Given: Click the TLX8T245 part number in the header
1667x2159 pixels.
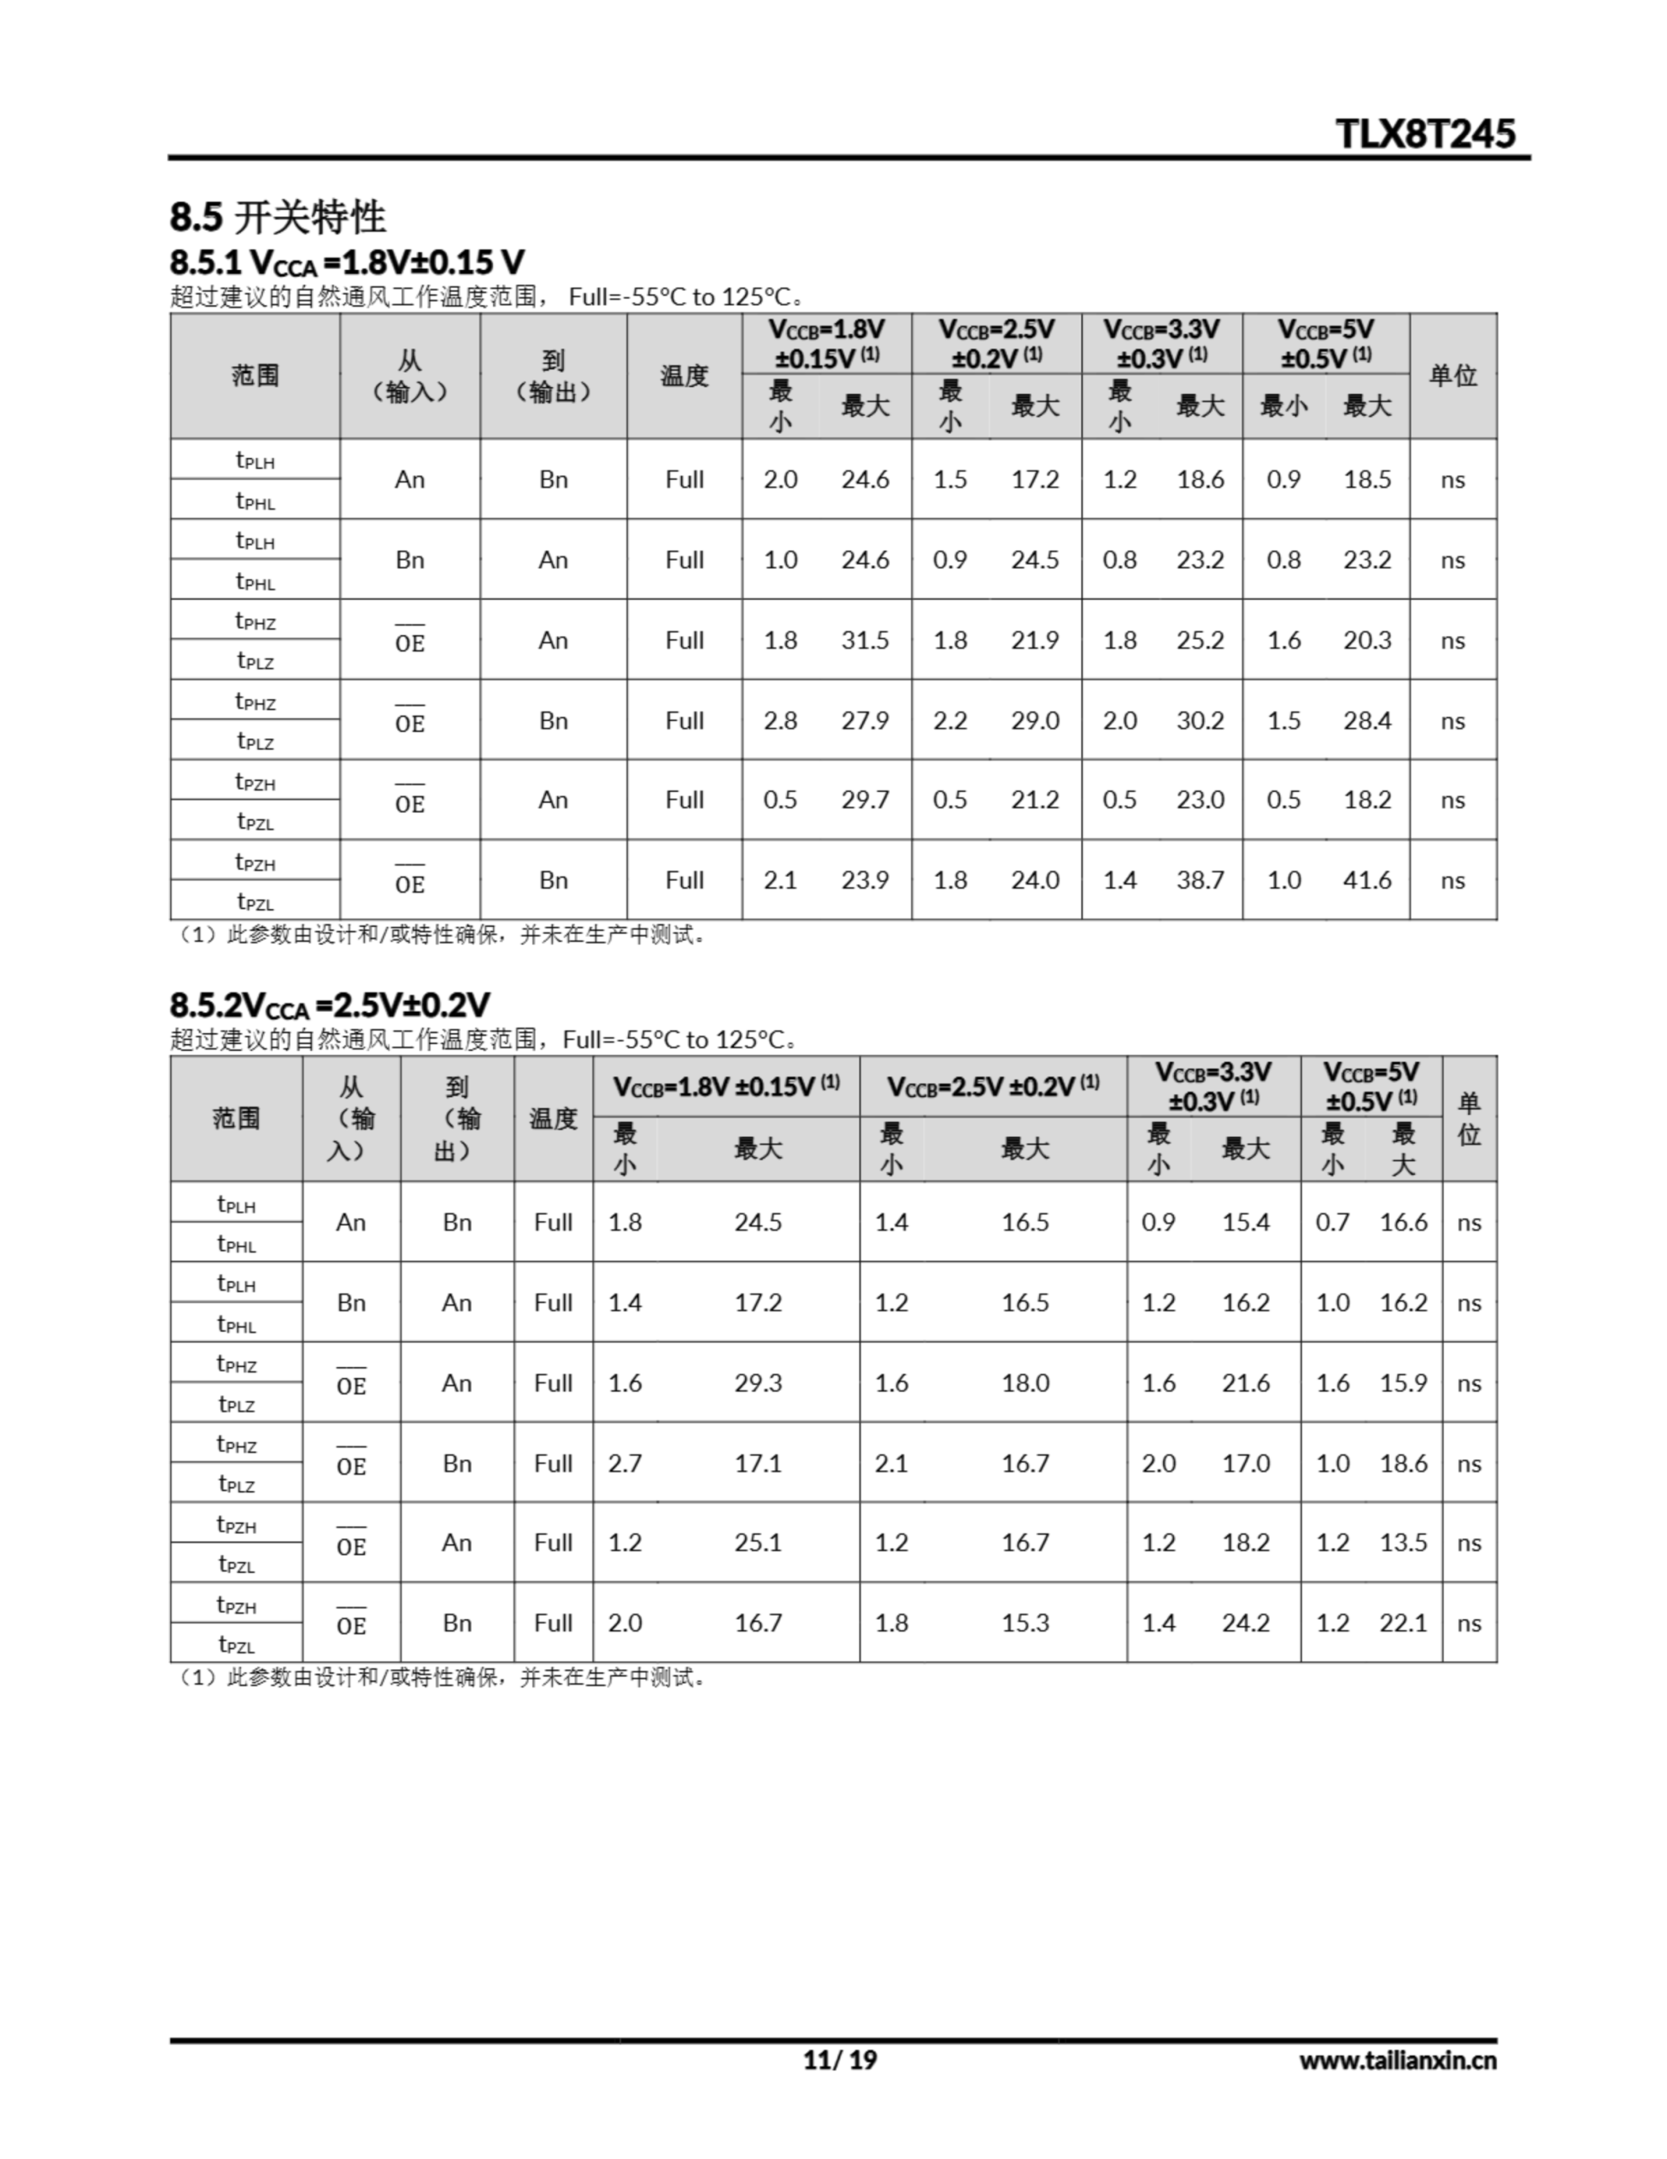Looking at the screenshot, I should coord(1424,133).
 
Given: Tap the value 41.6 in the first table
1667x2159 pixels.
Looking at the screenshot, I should coord(1367,880).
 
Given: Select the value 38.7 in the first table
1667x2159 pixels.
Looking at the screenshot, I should coord(1199,880).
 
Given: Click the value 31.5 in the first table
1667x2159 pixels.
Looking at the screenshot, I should coord(865,639).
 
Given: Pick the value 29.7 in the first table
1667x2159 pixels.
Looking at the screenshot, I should coord(865,800).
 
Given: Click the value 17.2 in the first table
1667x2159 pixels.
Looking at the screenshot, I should coord(1035,479).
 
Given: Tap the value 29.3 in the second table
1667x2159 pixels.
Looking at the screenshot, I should coord(758,1383).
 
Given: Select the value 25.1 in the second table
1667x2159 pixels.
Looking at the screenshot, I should coord(758,1543).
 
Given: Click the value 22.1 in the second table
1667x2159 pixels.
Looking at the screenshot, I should coord(1403,1623).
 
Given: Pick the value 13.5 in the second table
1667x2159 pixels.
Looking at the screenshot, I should coord(1403,1543).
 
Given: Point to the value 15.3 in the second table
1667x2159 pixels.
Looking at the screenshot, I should coord(1025,1623).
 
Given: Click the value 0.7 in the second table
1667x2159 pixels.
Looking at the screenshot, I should coord(1332,1223).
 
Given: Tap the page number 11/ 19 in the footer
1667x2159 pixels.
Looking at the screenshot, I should coord(839,2060).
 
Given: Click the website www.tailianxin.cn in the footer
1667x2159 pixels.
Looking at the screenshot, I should coord(1397,2060).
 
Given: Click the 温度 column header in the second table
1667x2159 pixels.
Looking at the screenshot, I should coord(552,1118).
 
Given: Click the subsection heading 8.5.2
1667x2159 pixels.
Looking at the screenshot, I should coord(329,1005).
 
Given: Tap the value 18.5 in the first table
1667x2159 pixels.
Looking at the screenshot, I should coord(1367,479).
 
